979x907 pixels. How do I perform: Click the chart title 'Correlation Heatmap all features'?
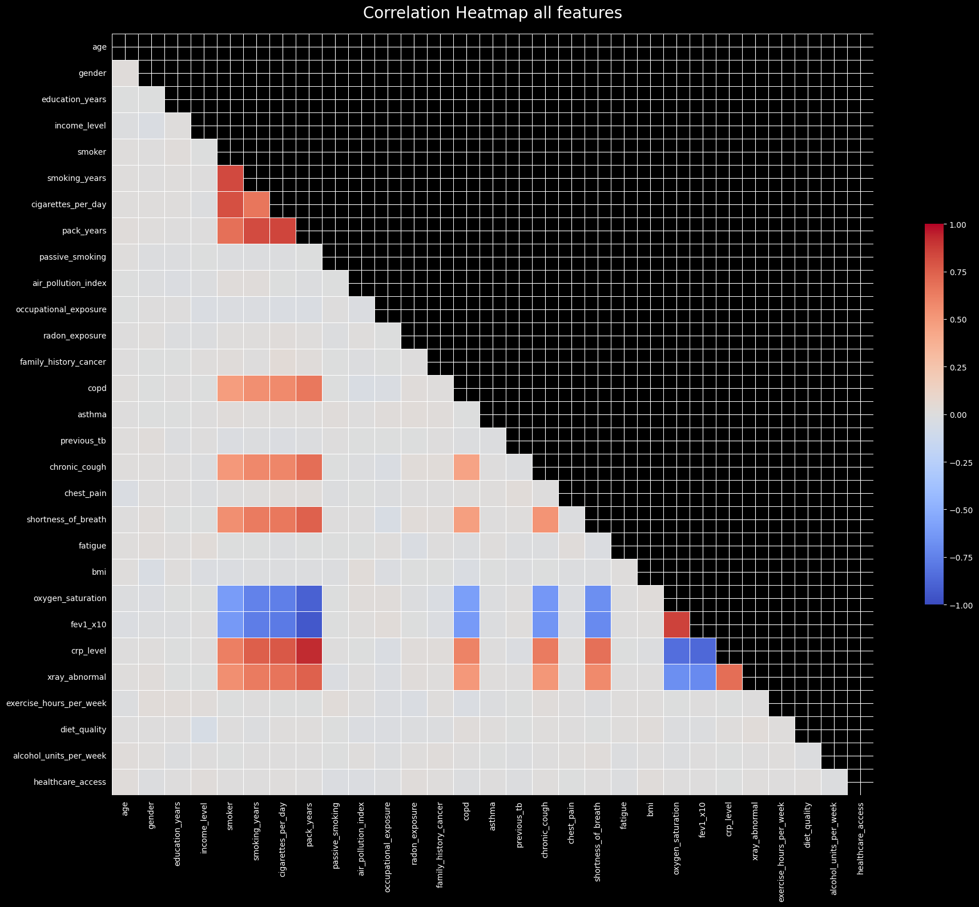492,13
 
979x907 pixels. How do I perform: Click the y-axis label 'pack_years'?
84,231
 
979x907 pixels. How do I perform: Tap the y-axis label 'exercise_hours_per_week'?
57,703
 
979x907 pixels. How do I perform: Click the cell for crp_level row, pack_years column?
309,651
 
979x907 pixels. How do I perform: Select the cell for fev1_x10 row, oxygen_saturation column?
676,624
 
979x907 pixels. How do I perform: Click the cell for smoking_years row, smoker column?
230,178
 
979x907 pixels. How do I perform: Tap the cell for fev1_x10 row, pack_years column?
309,624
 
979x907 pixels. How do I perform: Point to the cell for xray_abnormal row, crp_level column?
729,677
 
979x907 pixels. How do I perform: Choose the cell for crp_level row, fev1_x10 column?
703,651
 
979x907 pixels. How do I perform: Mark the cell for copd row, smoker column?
230,388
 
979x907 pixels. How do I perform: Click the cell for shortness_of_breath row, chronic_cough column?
545,519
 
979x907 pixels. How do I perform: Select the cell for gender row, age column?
125,73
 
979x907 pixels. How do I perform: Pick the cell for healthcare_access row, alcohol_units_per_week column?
834,782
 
